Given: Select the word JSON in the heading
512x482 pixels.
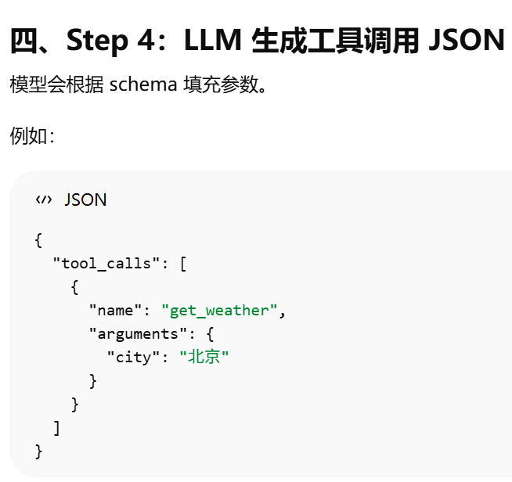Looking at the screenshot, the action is pyautogui.click(x=467, y=39).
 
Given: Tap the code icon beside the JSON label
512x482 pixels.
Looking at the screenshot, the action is pyautogui.click(x=43, y=200).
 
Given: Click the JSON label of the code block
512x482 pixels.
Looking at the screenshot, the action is pyautogui.click(x=85, y=200).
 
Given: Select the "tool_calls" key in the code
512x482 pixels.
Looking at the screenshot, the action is pyautogui.click(x=102, y=263).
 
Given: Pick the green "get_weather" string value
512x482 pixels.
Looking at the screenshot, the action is pyautogui.click(x=219, y=310).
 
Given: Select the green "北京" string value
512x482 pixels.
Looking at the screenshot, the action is pyautogui.click(x=204, y=357).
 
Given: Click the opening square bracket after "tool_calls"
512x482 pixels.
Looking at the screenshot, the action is pyautogui.click(x=182, y=263).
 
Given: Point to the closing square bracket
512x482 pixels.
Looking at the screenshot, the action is pyautogui.click(x=56, y=427).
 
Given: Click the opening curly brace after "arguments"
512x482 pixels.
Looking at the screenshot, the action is pyautogui.click(x=200, y=333).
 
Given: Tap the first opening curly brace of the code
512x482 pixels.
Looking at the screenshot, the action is pyautogui.click(x=38, y=239).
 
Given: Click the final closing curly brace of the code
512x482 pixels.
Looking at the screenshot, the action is pyautogui.click(x=38, y=451).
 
